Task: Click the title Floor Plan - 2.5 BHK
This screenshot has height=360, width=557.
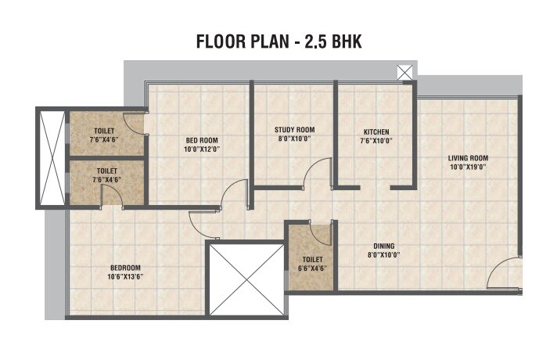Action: click(278, 41)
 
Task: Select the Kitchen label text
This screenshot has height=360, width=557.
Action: click(376, 131)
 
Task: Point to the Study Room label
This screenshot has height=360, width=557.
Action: click(294, 130)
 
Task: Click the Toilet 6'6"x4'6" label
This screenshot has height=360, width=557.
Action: click(311, 262)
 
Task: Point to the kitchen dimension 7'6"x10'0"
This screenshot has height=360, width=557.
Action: click(376, 141)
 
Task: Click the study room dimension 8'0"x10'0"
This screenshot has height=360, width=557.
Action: click(294, 139)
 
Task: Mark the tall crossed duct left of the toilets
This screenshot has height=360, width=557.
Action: click(50, 157)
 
